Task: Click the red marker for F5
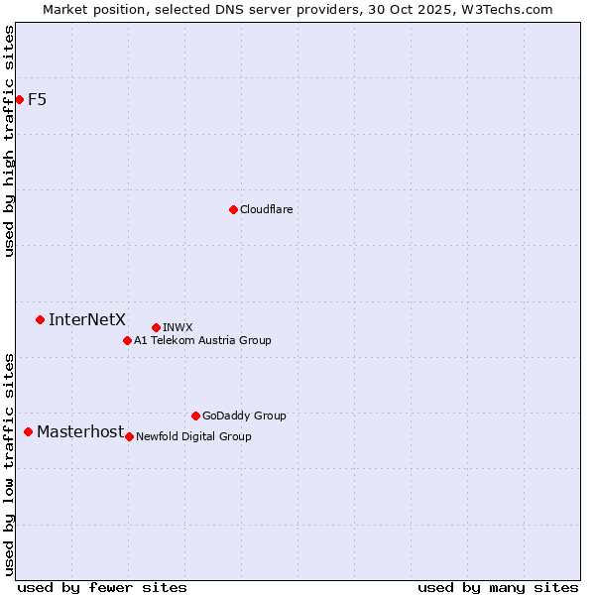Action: pyautogui.click(x=19, y=99)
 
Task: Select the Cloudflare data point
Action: pyautogui.click(x=233, y=209)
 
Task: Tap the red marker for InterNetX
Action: pyautogui.click(x=40, y=319)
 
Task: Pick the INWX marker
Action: pyautogui.click(x=156, y=327)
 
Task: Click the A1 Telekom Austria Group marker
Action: pyautogui.click(x=127, y=340)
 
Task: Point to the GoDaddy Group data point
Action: pyautogui.click(x=195, y=416)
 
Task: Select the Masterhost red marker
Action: pyautogui.click(x=28, y=431)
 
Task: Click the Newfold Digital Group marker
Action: pyautogui.click(x=129, y=436)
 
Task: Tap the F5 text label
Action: pyautogui.click(x=37, y=99)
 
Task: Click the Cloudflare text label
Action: pyautogui.click(x=266, y=209)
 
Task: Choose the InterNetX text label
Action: pyautogui.click(x=87, y=319)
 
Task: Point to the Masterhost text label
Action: pyautogui.click(x=80, y=431)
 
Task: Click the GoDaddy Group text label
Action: pyautogui.click(x=244, y=416)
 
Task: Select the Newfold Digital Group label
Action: pyautogui.click(x=193, y=436)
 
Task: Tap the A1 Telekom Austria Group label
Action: pyautogui.click(x=202, y=340)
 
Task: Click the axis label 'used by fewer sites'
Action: pyautogui.click(x=102, y=587)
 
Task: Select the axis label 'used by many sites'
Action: pyautogui.click(x=498, y=587)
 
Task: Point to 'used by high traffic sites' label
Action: pyautogui.click(x=10, y=141)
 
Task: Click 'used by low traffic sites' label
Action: pyautogui.click(x=10, y=464)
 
